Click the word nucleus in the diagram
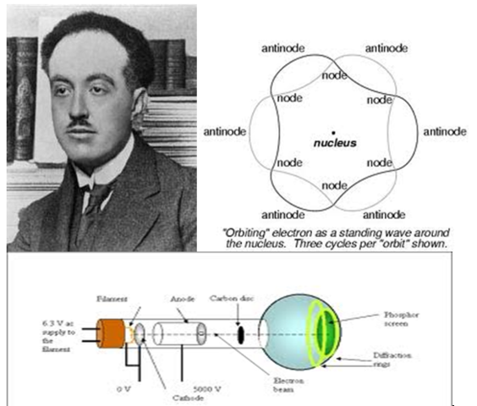point(335,144)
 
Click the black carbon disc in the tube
point(240,333)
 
